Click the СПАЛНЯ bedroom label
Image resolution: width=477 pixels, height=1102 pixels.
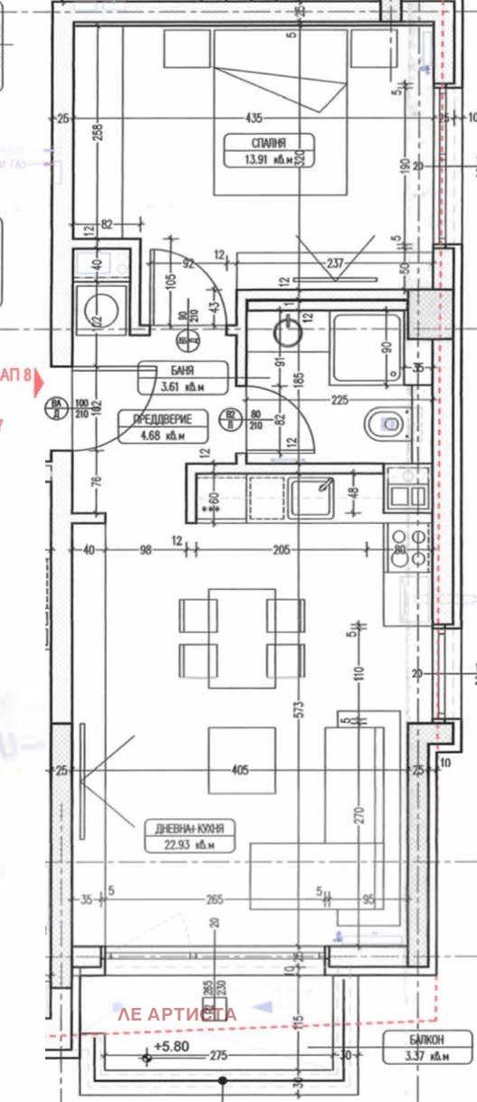click(x=269, y=143)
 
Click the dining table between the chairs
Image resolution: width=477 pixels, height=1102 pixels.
click(x=242, y=637)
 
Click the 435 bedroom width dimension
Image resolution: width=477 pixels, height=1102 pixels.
click(x=253, y=119)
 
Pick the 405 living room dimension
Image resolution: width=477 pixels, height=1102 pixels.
click(x=240, y=771)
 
